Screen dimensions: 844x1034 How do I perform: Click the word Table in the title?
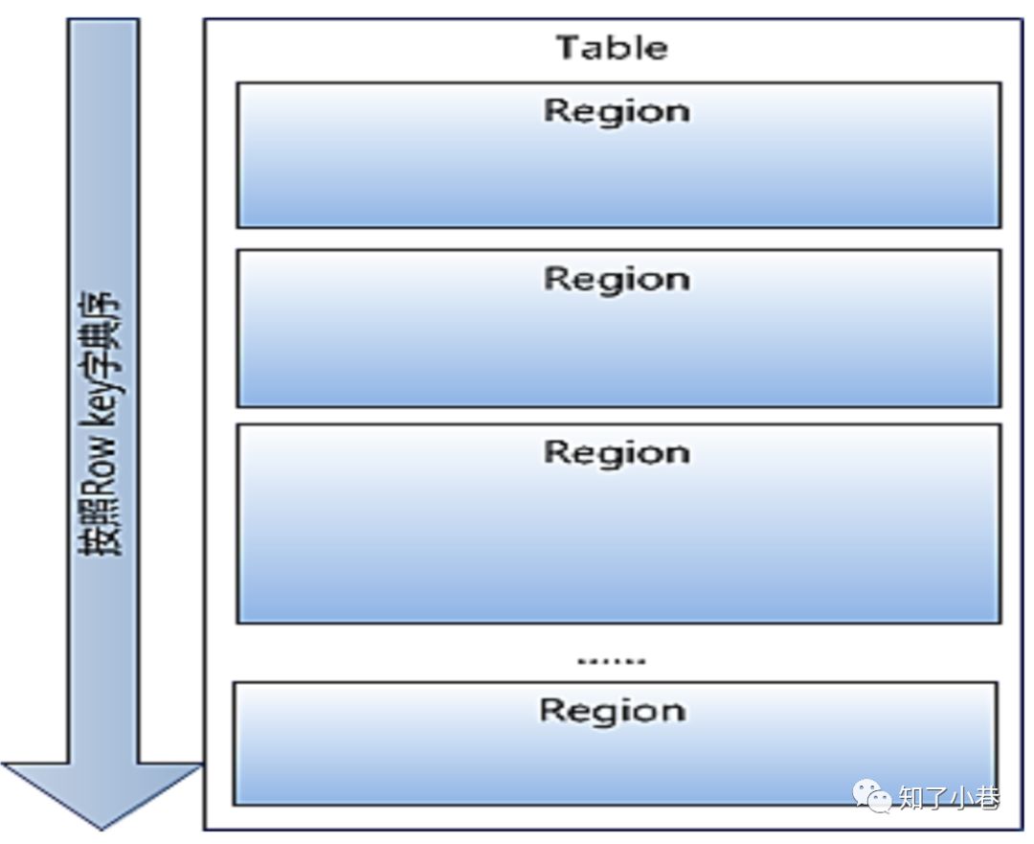pos(612,47)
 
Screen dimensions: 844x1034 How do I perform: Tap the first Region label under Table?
pos(617,111)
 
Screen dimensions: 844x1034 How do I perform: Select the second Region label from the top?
pos(617,280)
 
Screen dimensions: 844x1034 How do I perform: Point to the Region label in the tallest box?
pos(617,452)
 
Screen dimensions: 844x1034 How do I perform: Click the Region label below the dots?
pos(613,711)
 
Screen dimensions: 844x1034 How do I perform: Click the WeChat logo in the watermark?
pos(872,794)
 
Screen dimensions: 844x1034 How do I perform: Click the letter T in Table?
pos(568,47)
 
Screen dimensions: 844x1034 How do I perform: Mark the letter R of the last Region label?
pos(551,711)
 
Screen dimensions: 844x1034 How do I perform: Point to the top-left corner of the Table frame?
pos(205,19)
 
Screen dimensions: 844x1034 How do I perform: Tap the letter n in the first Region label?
pos(678,112)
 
